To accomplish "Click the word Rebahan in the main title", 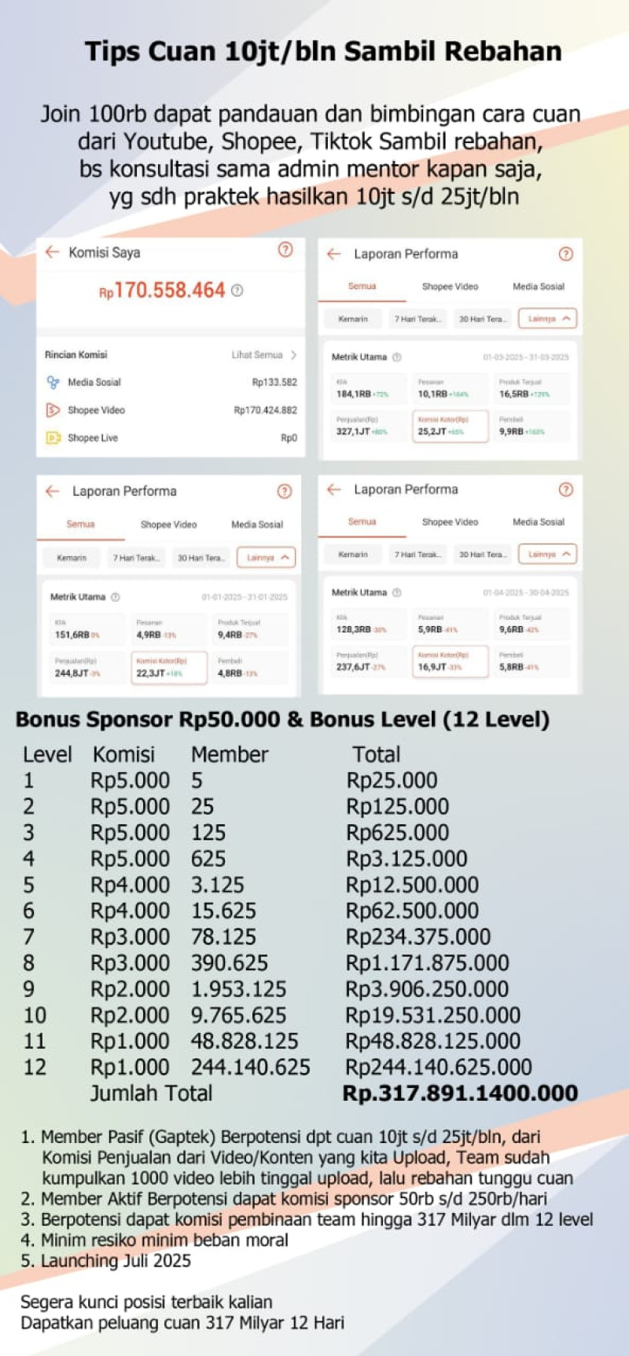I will [503, 52].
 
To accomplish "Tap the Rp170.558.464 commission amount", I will [170, 291].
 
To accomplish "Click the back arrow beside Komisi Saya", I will [52, 252].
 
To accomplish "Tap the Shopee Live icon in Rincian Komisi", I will [53, 438].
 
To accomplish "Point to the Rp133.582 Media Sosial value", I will [274, 383].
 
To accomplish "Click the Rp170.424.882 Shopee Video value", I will [265, 410].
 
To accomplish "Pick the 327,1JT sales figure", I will [354, 431].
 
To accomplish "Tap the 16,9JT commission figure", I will [432, 667].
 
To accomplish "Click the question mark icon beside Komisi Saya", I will [285, 250].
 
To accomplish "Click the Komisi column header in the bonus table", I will [123, 754].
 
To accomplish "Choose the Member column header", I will [230, 754].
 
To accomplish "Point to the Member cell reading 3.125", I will [218, 885].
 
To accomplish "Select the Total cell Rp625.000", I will [397, 833].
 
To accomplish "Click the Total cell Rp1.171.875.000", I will [428, 963].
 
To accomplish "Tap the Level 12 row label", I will [35, 1068].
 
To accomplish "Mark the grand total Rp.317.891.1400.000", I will [460, 1094].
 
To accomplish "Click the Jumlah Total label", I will [151, 1094].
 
